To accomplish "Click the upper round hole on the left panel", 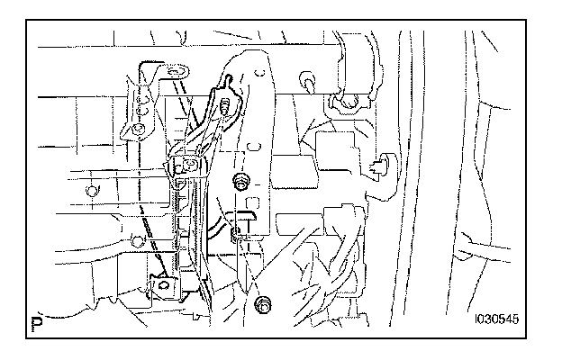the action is pos(90,190).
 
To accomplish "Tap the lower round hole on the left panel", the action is pos(137,239).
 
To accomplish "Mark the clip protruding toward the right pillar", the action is pos(379,164).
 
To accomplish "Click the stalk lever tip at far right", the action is pos(468,239).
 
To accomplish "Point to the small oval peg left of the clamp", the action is pos(309,86).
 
